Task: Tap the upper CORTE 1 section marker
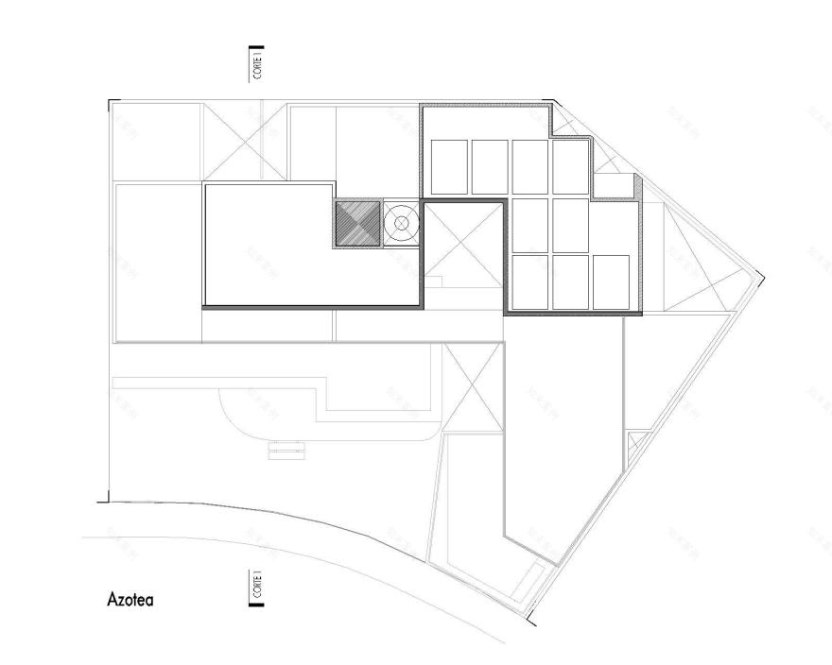tap(255, 62)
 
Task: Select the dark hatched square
tap(356, 224)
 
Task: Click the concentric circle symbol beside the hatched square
tap(401, 224)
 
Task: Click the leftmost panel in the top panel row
tap(449, 167)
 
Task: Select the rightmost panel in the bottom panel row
tap(612, 281)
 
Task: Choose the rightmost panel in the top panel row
tap(571, 167)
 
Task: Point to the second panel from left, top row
tap(490, 167)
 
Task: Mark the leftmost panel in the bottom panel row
tap(530, 281)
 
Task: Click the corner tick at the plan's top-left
tap(111, 101)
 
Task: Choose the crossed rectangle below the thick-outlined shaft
tap(472, 387)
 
